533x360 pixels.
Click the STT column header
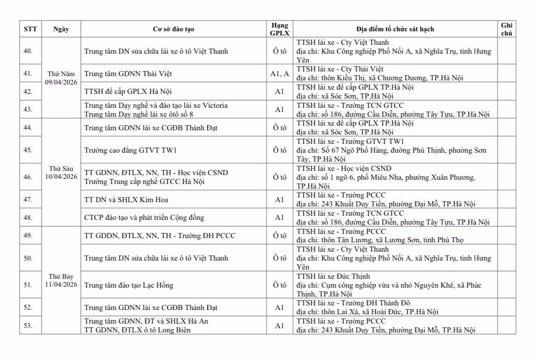30,29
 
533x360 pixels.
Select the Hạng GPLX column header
279,29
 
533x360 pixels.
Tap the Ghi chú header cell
506,29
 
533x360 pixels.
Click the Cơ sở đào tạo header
173,29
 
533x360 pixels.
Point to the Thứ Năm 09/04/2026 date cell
61,78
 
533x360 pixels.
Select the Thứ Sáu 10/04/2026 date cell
61,172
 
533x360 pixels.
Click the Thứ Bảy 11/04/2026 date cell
61,280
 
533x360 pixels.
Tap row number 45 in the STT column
28,150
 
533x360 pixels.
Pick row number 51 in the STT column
28,285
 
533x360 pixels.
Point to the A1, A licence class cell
279,74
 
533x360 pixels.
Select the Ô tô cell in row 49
279,235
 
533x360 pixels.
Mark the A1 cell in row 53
279,326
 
